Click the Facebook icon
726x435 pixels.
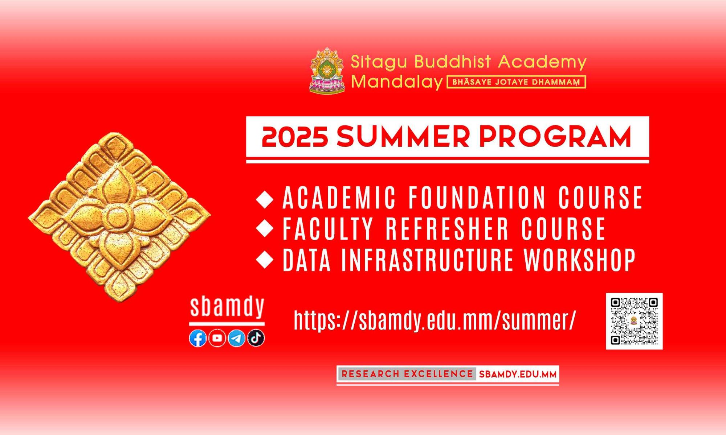(198, 339)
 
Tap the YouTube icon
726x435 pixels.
(217, 338)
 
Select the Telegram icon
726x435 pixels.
(237, 338)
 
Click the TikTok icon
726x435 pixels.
(256, 338)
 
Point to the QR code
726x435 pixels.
(634, 321)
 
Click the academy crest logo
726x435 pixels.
(327, 70)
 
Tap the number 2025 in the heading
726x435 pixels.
(295, 137)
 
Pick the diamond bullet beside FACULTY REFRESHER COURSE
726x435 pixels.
(265, 229)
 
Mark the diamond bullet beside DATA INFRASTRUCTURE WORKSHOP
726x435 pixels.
(265, 260)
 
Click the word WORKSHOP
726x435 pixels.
(580, 260)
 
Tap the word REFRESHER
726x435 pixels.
(448, 229)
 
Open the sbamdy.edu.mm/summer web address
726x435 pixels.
(435, 320)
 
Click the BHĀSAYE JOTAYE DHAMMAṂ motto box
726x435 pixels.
(516, 82)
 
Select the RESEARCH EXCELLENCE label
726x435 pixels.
(407, 374)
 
